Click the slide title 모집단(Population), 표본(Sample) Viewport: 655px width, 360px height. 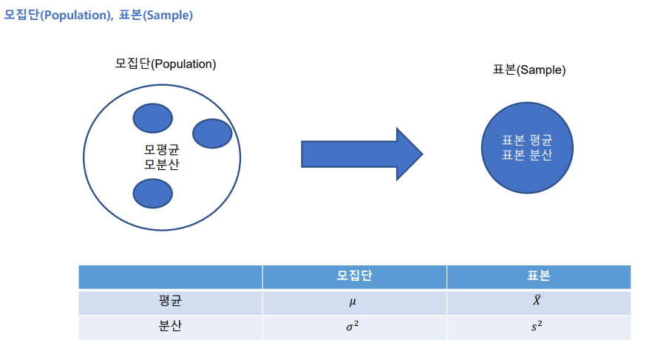(98, 15)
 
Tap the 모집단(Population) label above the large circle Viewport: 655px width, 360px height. (166, 64)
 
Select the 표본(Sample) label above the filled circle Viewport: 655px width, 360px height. (529, 69)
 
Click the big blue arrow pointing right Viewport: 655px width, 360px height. (362, 154)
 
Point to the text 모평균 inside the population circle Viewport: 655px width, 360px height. (162, 149)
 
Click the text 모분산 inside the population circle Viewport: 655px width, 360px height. (162, 164)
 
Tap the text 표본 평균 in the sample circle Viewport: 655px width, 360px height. (527, 140)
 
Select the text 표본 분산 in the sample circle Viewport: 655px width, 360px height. (527, 155)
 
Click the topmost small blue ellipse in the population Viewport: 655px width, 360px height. (153, 118)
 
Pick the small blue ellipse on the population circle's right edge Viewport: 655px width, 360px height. (212, 134)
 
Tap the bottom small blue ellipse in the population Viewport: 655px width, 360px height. (153, 194)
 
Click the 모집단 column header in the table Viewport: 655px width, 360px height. (354, 276)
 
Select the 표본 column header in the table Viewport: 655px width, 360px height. (538, 276)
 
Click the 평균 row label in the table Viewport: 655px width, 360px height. (170, 301)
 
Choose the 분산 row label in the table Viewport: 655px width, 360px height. (170, 326)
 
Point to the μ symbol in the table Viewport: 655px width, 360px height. (353, 302)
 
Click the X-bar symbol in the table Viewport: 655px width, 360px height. (537, 300)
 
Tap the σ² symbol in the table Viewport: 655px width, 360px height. (352, 326)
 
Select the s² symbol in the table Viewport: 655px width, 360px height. (537, 326)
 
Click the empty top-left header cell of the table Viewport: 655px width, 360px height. (171, 277)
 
